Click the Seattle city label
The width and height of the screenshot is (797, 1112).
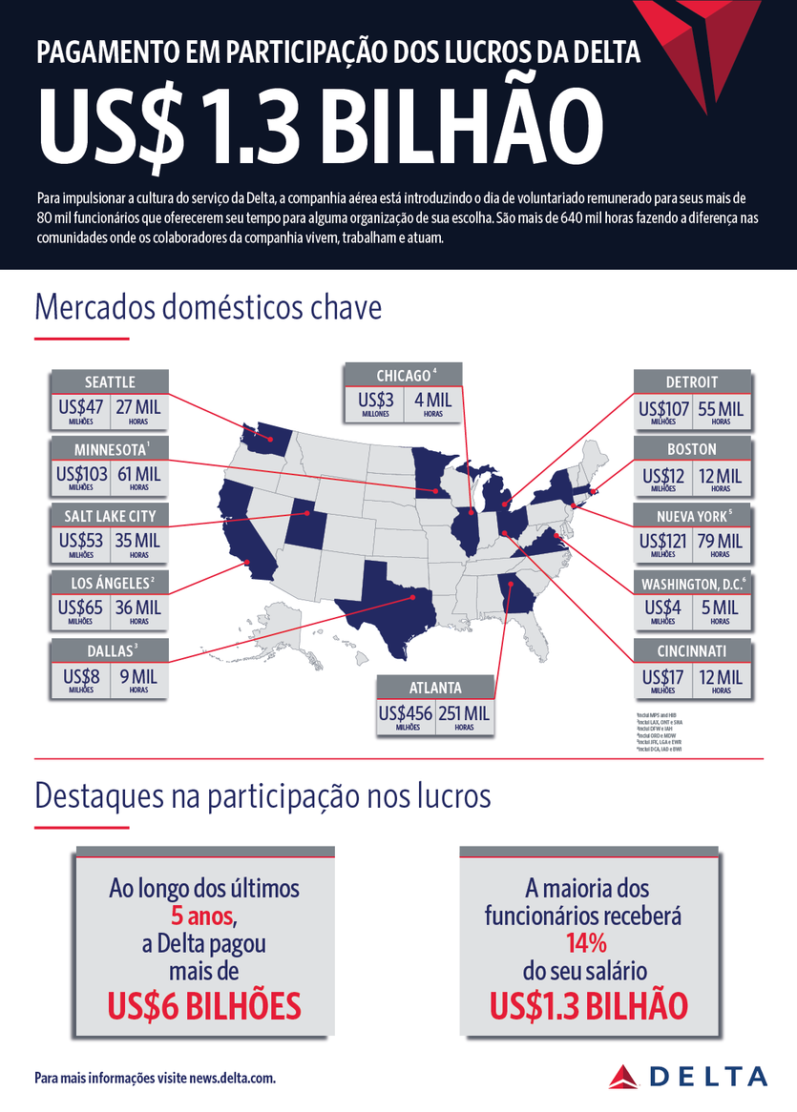tap(110, 381)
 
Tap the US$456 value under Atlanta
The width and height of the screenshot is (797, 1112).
tap(406, 713)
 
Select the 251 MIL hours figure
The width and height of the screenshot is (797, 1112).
tap(465, 713)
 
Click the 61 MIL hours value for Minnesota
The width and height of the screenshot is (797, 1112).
tap(139, 474)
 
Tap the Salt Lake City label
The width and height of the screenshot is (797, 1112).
tap(110, 516)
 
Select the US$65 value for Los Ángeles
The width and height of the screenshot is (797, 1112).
tap(81, 607)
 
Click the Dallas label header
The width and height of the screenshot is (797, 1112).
tap(110, 650)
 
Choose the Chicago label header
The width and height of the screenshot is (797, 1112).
tap(404, 375)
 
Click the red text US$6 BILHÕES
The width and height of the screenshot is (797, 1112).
tap(203, 1005)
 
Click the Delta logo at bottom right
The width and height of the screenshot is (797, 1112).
tap(687, 1075)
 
